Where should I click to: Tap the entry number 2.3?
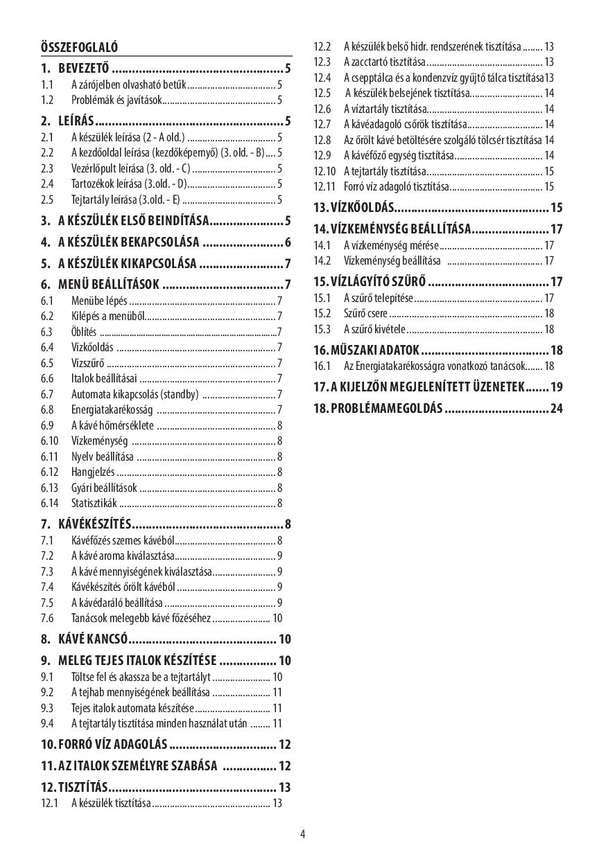pyautogui.click(x=47, y=168)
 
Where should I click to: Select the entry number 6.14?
pyautogui.click(x=49, y=504)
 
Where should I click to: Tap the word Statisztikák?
pyautogui.click(x=94, y=504)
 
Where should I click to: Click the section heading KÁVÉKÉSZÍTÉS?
pyautogui.click(x=95, y=524)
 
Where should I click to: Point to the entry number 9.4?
pyautogui.click(x=47, y=723)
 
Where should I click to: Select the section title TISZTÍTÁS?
pyautogui.click(x=83, y=788)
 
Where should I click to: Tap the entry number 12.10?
pyautogui.click(x=324, y=171)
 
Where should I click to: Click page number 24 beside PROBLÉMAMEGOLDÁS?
pyautogui.click(x=556, y=408)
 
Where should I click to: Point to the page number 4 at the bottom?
pyautogui.click(x=303, y=834)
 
